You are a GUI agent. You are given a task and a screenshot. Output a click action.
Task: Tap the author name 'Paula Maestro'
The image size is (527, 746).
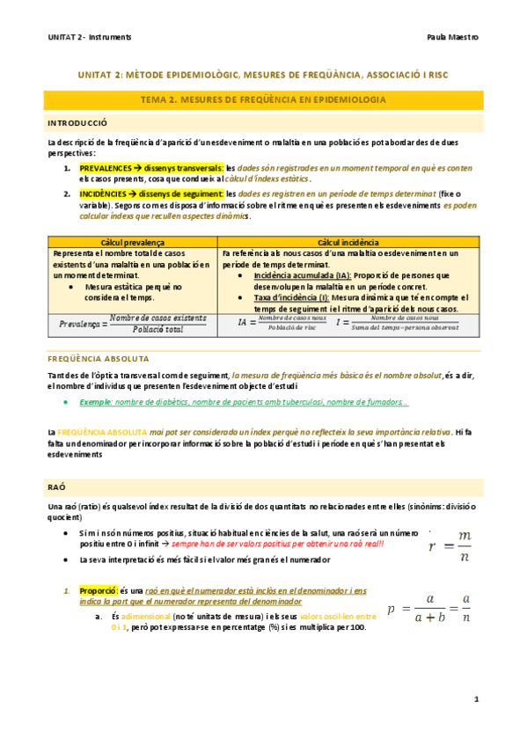pyautogui.click(x=452, y=38)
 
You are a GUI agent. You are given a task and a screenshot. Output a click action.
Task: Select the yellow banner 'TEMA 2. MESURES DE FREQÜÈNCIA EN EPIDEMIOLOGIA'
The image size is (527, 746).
pyautogui.click(x=265, y=101)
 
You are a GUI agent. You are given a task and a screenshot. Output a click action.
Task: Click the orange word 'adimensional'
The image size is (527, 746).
pyautogui.click(x=139, y=616)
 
